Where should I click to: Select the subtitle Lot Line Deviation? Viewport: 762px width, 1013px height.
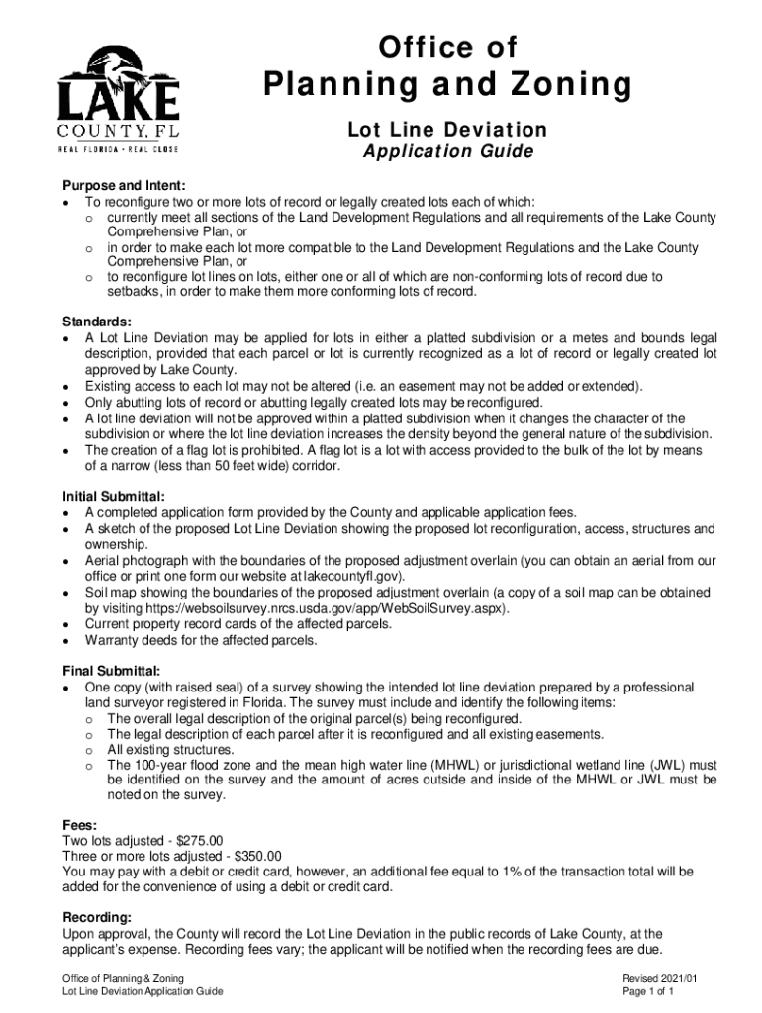point(446,130)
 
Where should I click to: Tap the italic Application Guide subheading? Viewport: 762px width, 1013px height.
point(447,152)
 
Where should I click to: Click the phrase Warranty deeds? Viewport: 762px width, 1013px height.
point(128,640)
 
